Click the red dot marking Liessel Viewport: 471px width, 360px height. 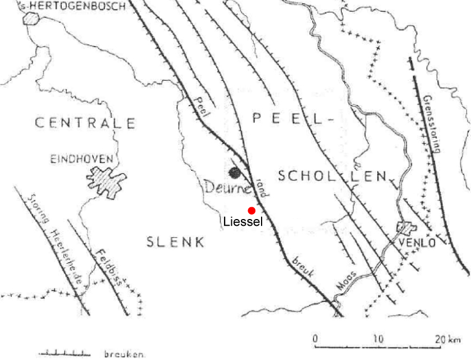pyautogui.click(x=251, y=211)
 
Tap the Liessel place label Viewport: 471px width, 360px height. pyautogui.click(x=243, y=222)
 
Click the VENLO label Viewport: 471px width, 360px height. pyautogui.click(x=417, y=243)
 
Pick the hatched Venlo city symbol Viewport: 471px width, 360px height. pyautogui.click(x=406, y=230)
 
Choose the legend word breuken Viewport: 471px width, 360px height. pyautogui.click(x=125, y=354)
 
